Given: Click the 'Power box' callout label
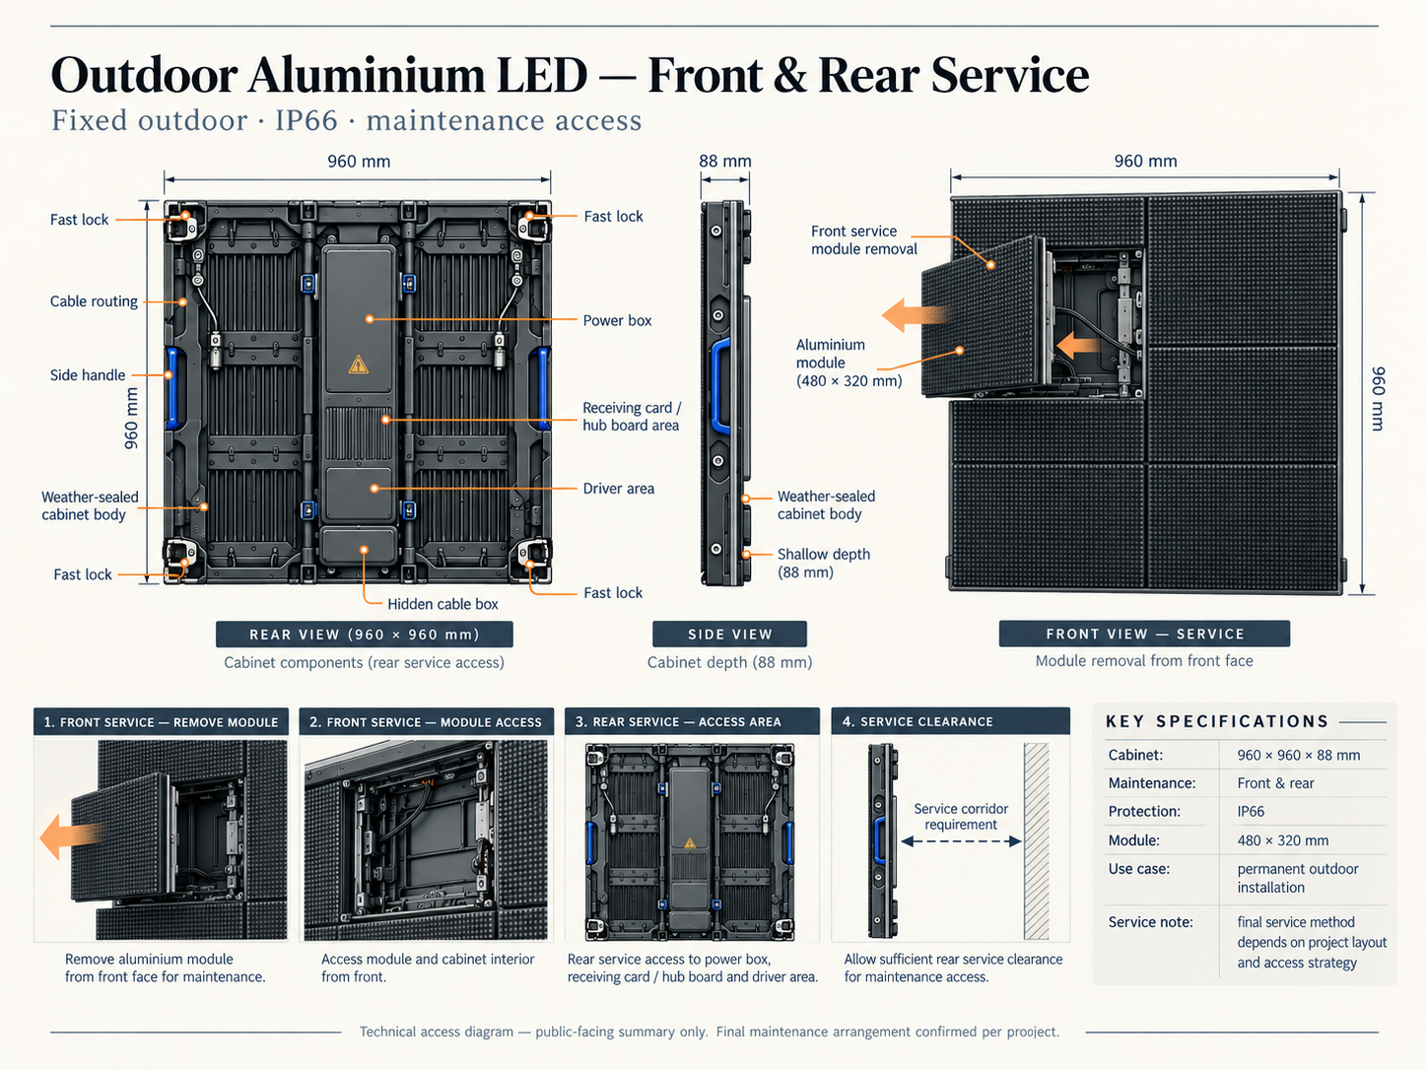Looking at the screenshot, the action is [x=617, y=320].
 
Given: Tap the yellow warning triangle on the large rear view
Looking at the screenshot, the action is [x=358, y=365].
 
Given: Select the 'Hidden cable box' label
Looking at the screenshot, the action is [x=442, y=604].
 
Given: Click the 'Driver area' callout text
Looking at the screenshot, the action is [x=618, y=489].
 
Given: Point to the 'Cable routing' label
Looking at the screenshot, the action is [x=95, y=301].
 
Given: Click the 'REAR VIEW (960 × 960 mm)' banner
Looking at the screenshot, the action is [x=364, y=635].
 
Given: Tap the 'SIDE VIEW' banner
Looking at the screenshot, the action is [x=729, y=635].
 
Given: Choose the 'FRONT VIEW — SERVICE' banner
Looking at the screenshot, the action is [x=1144, y=634].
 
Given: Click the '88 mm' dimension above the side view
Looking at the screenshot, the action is [x=725, y=162].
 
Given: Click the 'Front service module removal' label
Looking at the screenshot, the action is [x=864, y=240].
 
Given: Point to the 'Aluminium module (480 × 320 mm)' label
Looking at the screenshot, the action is [x=849, y=363].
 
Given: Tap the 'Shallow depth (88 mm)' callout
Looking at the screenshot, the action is [x=824, y=564].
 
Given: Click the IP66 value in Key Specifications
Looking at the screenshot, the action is [x=1251, y=812].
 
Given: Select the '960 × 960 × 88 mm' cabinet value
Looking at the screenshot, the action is [x=1298, y=755].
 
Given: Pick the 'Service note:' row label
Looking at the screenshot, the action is [x=1150, y=922].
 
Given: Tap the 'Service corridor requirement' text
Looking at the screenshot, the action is [x=961, y=817].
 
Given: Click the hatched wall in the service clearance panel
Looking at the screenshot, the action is [x=1037, y=841].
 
